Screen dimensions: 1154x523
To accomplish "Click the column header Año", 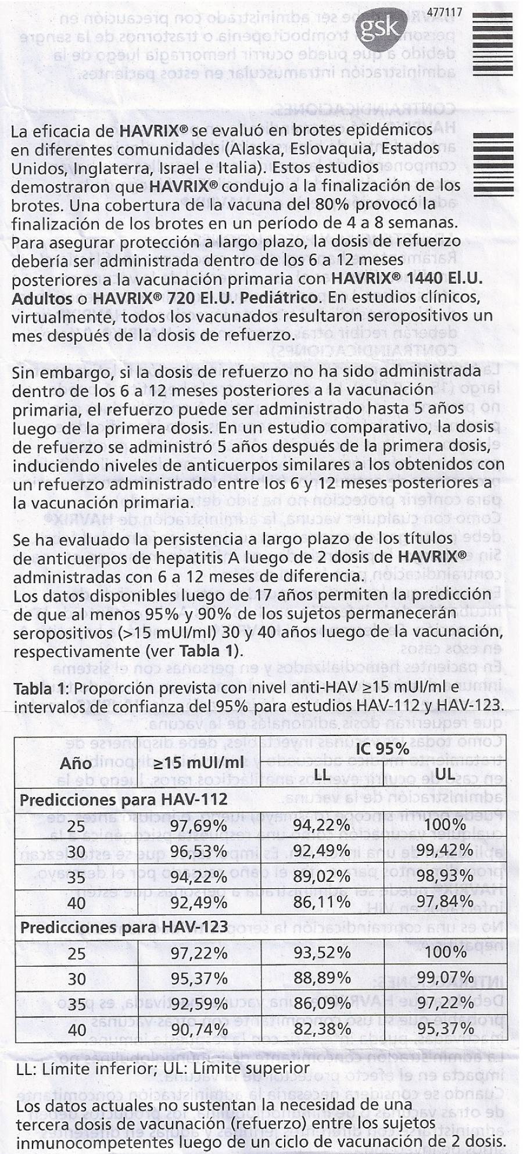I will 76,763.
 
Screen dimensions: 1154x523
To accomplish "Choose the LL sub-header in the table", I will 321,774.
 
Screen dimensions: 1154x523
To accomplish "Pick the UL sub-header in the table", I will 445,774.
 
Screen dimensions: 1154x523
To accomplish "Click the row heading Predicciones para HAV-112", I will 123,801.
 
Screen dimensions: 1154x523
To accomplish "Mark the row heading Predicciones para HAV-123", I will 124,927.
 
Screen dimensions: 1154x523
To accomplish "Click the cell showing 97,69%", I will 199,826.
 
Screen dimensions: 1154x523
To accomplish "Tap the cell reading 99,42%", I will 445,851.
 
